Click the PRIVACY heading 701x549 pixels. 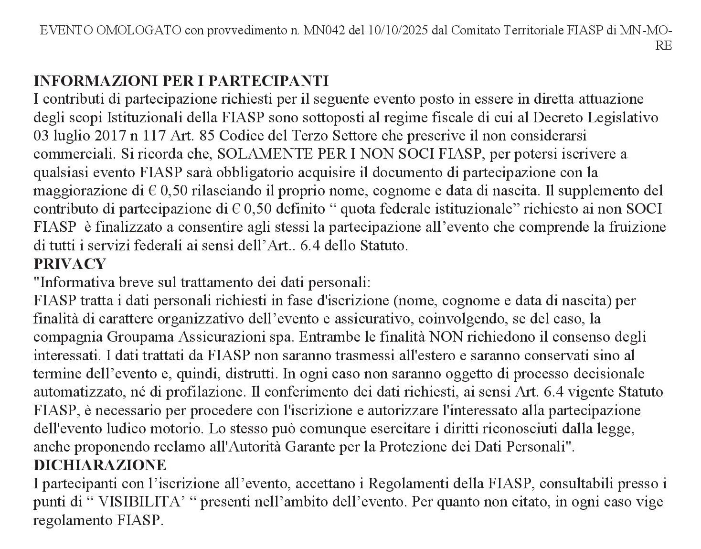(x=69, y=264)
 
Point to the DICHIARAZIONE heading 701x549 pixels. (x=100, y=464)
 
